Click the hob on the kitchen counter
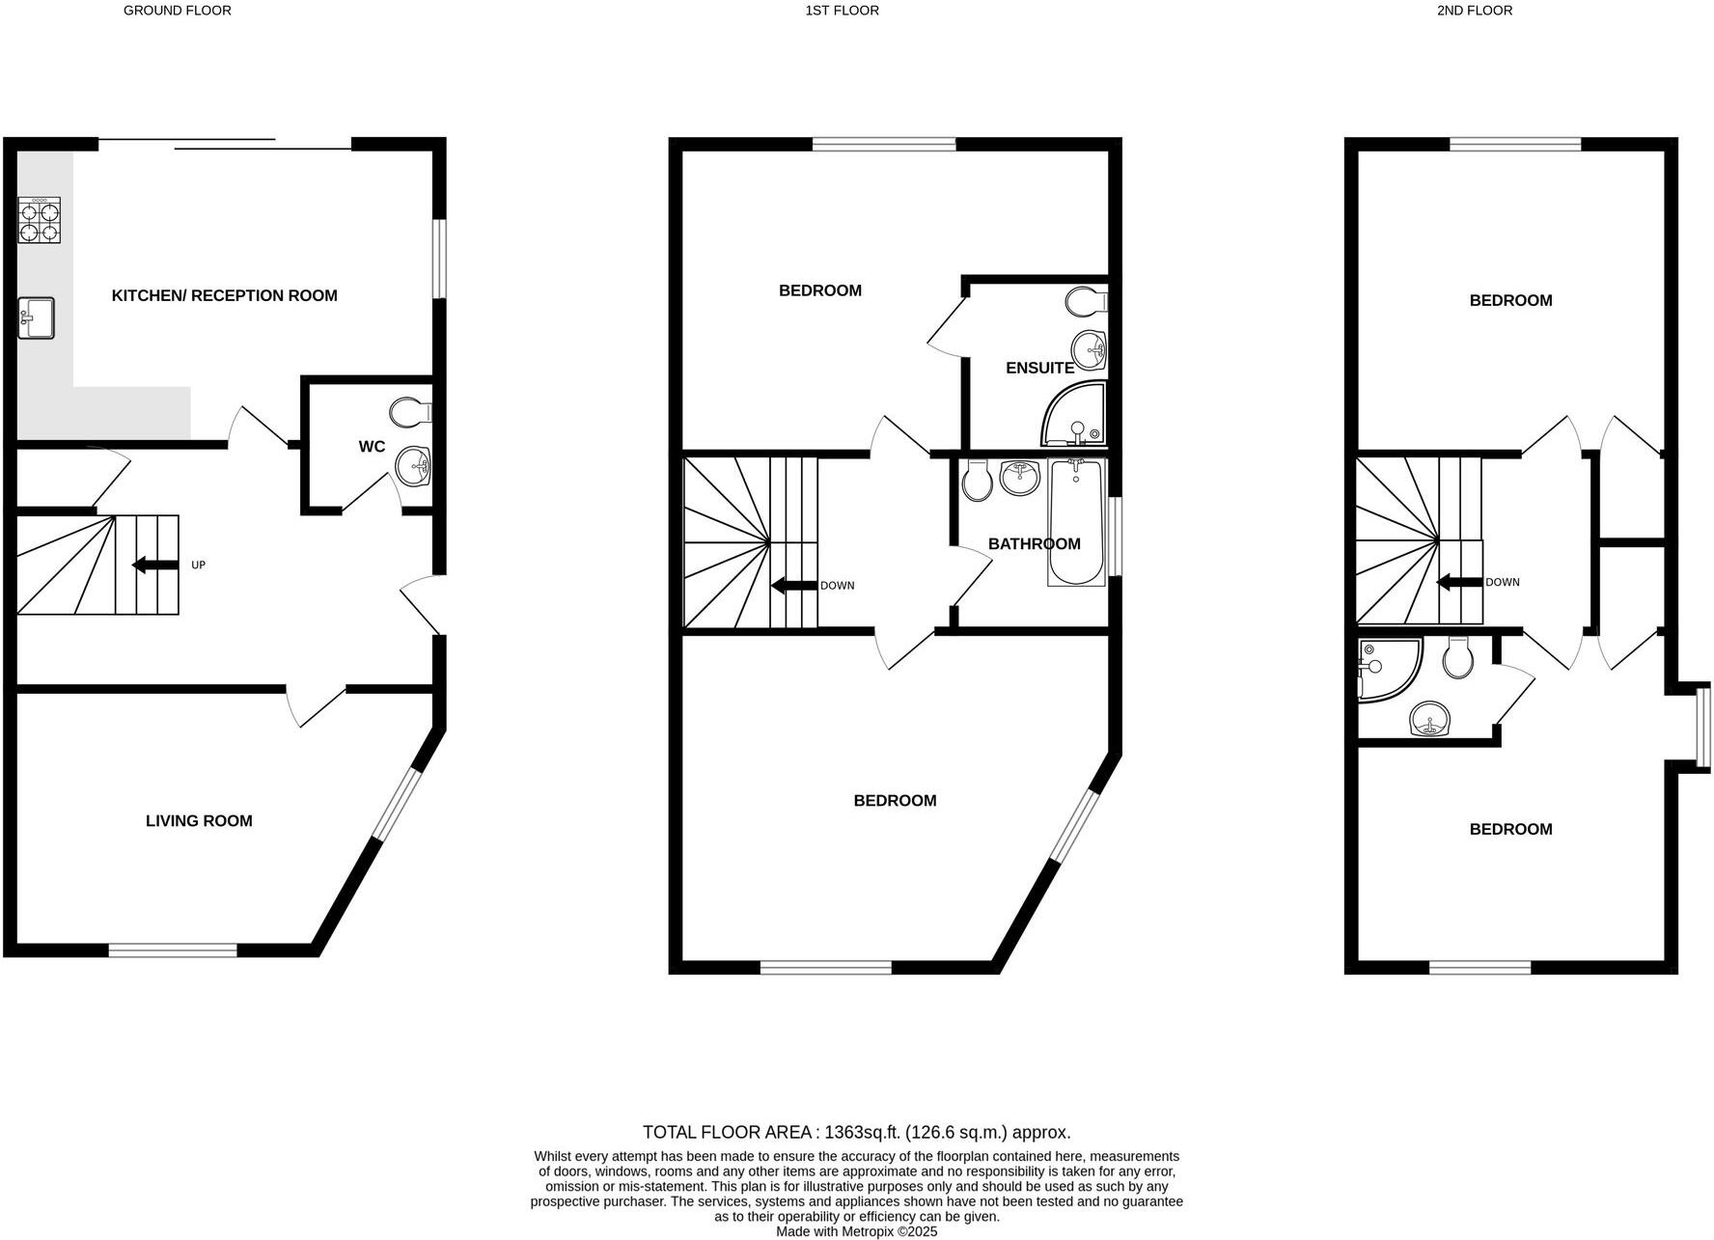[40, 220]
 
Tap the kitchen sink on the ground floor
[37, 318]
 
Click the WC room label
[372, 447]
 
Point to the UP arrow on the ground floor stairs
[154, 565]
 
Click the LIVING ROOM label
[199, 821]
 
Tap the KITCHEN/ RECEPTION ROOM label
[224, 295]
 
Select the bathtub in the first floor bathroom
[1076, 522]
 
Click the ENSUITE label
[1039, 368]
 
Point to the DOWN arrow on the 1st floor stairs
[792, 586]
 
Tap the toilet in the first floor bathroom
[977, 481]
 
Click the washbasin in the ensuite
[1091, 349]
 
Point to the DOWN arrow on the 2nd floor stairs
[1458, 582]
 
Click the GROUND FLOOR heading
[178, 11]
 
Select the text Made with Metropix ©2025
[856, 1232]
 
